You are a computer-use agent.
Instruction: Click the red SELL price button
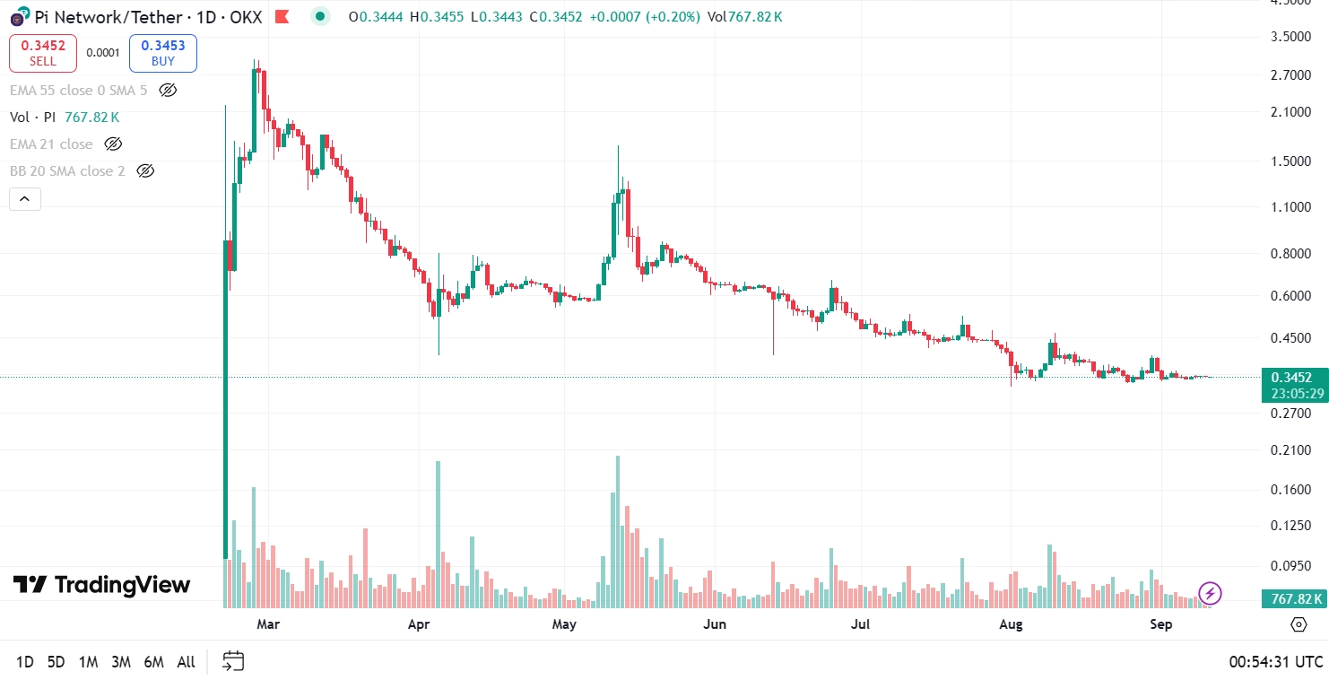pyautogui.click(x=43, y=53)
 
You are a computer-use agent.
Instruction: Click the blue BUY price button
pyautogui.click(x=162, y=53)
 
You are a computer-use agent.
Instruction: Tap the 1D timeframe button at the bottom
pyautogui.click(x=24, y=662)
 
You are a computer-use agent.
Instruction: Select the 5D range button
pyautogui.click(x=56, y=662)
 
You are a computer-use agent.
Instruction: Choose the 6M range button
pyautogui.click(x=153, y=662)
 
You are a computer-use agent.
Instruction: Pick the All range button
pyautogui.click(x=186, y=662)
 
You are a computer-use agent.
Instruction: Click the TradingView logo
pyautogui.click(x=101, y=585)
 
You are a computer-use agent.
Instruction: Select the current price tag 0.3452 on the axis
pyautogui.click(x=1292, y=377)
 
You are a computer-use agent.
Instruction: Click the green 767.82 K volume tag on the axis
pyautogui.click(x=1292, y=598)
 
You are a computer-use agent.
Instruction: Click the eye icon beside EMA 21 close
pyautogui.click(x=113, y=144)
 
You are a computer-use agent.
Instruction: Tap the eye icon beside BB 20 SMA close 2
pyautogui.click(x=145, y=170)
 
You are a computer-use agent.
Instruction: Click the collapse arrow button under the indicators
pyautogui.click(x=25, y=198)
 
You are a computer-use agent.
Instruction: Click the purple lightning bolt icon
pyautogui.click(x=1211, y=593)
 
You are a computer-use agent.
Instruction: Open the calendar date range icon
pyautogui.click(x=233, y=662)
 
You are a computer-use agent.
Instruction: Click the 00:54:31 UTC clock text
pyautogui.click(x=1275, y=662)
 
